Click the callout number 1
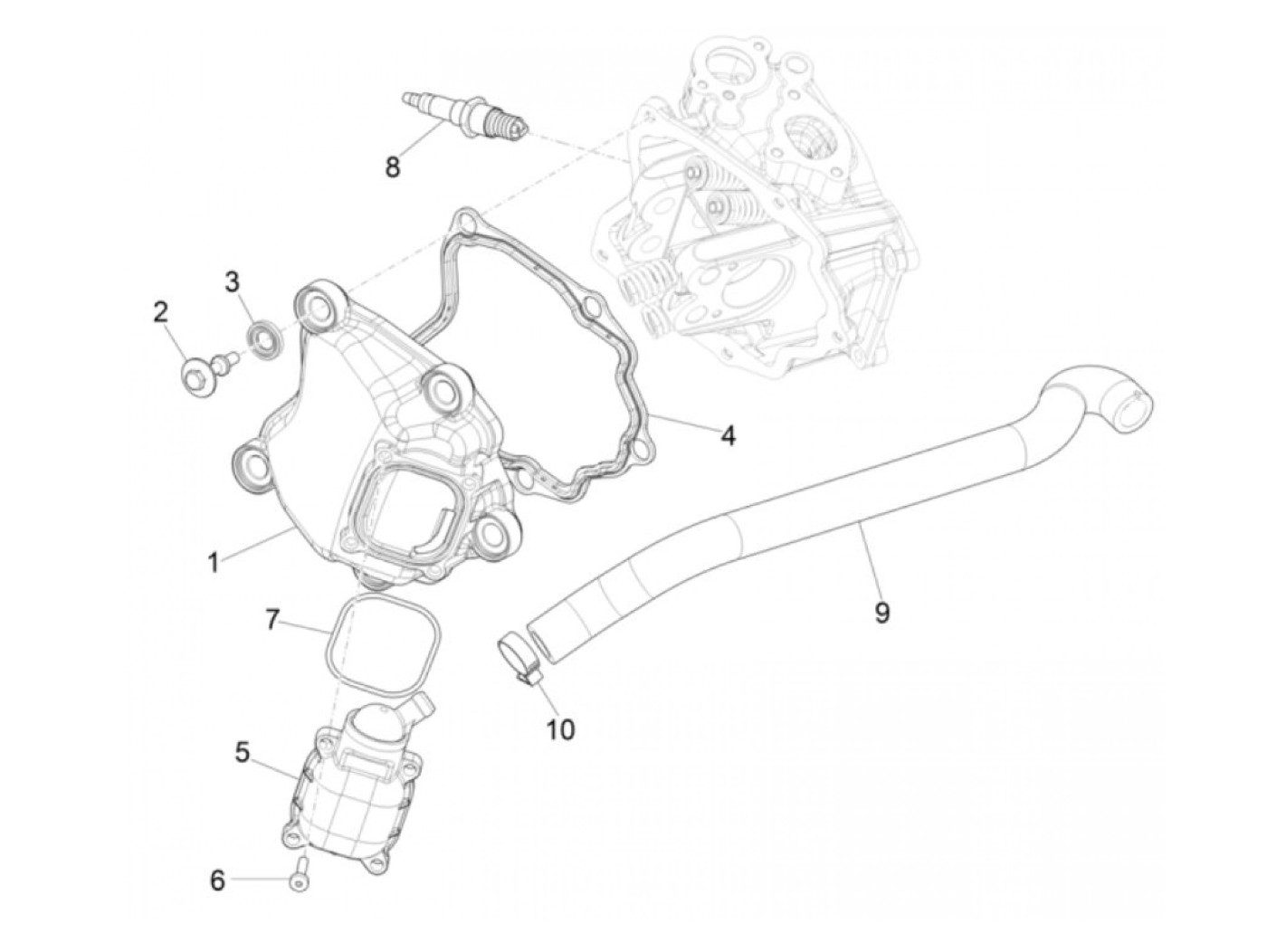213,562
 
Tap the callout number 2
160,313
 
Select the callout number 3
233,281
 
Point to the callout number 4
727,436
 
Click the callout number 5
243,753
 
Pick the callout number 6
217,880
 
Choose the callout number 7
271,620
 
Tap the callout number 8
392,167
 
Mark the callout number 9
881,613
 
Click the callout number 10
561,728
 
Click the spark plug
464,117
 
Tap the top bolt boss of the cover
319,310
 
